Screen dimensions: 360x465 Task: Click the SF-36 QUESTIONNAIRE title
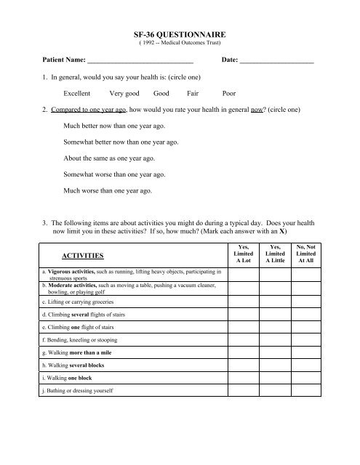(180, 34)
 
